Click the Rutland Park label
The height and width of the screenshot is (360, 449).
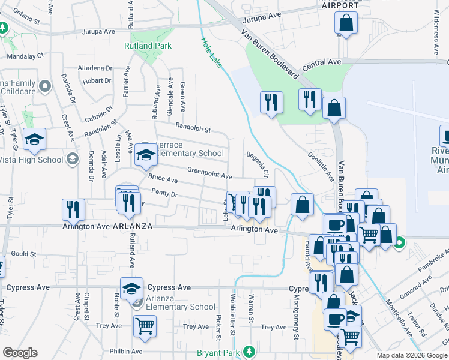148,46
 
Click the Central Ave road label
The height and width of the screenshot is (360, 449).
322,62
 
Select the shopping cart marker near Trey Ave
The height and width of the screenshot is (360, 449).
145,326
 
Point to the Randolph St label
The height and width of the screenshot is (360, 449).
193,128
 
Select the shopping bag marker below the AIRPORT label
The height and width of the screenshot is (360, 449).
346,24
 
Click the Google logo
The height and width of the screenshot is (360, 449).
20,353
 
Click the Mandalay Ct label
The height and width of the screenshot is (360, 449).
26,55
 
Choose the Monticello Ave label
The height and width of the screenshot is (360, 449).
397,316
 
